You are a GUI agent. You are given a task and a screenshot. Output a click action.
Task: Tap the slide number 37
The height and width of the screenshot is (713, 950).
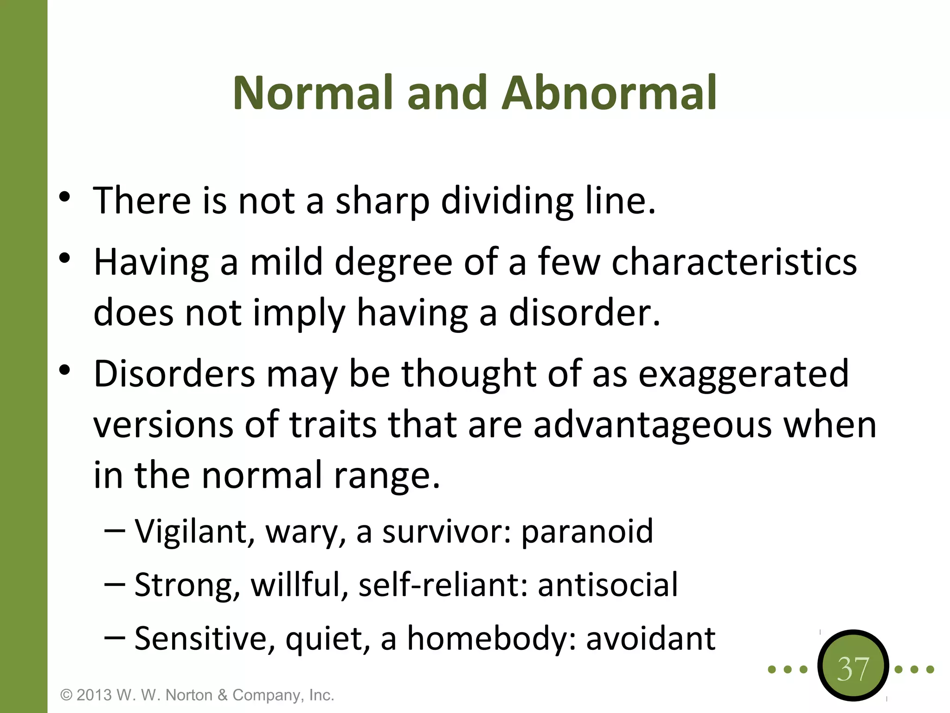click(853, 669)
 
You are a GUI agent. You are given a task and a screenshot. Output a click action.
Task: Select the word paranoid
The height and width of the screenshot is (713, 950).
click(587, 531)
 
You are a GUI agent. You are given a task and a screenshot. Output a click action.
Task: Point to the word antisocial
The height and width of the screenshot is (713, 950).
click(608, 584)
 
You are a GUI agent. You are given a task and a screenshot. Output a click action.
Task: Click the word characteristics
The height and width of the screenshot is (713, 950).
click(734, 262)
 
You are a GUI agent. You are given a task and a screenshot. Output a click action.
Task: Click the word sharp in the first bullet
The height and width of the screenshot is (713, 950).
click(382, 201)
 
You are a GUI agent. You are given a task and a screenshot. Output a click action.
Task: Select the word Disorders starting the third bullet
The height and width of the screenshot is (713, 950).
click(174, 374)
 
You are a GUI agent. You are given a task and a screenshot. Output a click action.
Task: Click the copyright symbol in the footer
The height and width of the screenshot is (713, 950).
click(67, 695)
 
